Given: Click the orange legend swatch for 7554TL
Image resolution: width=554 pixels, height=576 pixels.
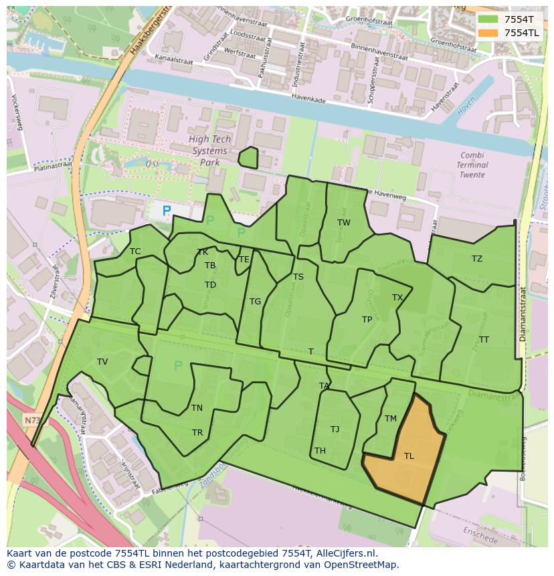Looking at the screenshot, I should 488,33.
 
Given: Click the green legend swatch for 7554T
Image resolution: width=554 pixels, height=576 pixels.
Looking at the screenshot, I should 488,19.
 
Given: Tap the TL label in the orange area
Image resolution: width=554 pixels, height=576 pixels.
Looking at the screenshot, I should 409,456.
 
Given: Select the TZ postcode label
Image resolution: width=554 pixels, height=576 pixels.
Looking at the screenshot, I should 476,259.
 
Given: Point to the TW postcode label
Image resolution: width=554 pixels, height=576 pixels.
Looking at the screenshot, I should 343,223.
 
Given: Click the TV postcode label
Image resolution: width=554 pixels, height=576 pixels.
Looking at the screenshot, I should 102,362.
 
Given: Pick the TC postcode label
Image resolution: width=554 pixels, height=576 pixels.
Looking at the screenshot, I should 135,252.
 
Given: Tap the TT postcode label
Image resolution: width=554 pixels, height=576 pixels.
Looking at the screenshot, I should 484,340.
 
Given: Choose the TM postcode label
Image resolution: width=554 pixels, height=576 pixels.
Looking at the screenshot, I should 391,419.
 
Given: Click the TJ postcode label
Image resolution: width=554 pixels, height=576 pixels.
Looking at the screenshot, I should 335,429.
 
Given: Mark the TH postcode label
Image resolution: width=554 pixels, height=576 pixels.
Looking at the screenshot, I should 320,451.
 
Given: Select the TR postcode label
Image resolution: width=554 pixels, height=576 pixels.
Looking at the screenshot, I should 197,433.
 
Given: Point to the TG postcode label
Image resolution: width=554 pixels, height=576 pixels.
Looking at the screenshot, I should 255,302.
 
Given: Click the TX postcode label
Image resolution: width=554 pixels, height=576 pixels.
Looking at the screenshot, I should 397,298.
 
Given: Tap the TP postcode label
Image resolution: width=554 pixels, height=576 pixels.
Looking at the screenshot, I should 367,320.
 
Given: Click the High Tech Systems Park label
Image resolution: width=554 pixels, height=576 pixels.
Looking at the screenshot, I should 210,151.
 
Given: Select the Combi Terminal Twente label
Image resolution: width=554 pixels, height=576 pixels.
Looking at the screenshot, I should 474,165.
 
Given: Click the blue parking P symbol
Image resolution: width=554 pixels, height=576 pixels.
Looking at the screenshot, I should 167,211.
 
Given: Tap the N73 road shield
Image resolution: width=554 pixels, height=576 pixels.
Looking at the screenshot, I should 31,420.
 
